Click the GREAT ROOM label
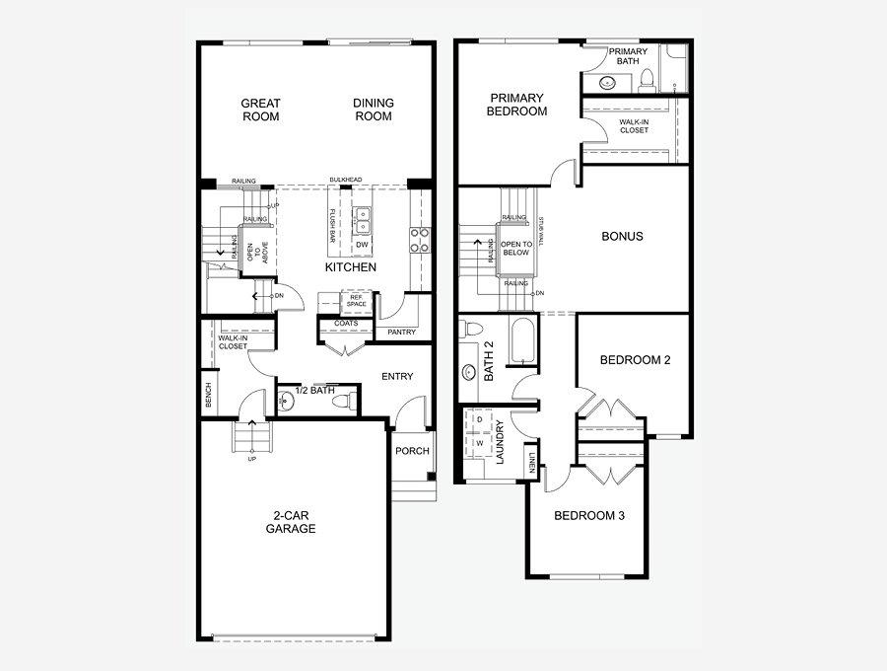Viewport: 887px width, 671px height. coord(261,110)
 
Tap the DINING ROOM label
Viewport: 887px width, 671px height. coord(374,110)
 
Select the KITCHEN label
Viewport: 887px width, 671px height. coord(351,267)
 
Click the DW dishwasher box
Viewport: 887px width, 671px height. coord(362,245)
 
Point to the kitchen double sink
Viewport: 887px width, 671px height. coord(362,220)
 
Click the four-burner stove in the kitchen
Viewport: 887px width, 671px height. coord(420,240)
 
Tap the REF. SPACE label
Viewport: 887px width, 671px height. coord(357,301)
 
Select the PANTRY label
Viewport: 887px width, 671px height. coord(402,333)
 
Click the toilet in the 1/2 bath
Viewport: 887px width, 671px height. coord(342,402)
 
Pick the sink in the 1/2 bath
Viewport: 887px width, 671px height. coord(286,402)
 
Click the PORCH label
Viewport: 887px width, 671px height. coord(412,451)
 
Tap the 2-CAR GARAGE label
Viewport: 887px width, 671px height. coord(291,522)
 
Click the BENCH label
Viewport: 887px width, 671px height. coord(208,395)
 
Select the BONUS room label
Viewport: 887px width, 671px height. coord(622,236)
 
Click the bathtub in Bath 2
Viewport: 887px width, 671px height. coord(522,340)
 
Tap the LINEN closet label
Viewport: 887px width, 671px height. coord(532,462)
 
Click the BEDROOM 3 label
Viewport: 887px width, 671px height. coord(589,516)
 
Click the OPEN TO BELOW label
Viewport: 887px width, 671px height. coord(515,248)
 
